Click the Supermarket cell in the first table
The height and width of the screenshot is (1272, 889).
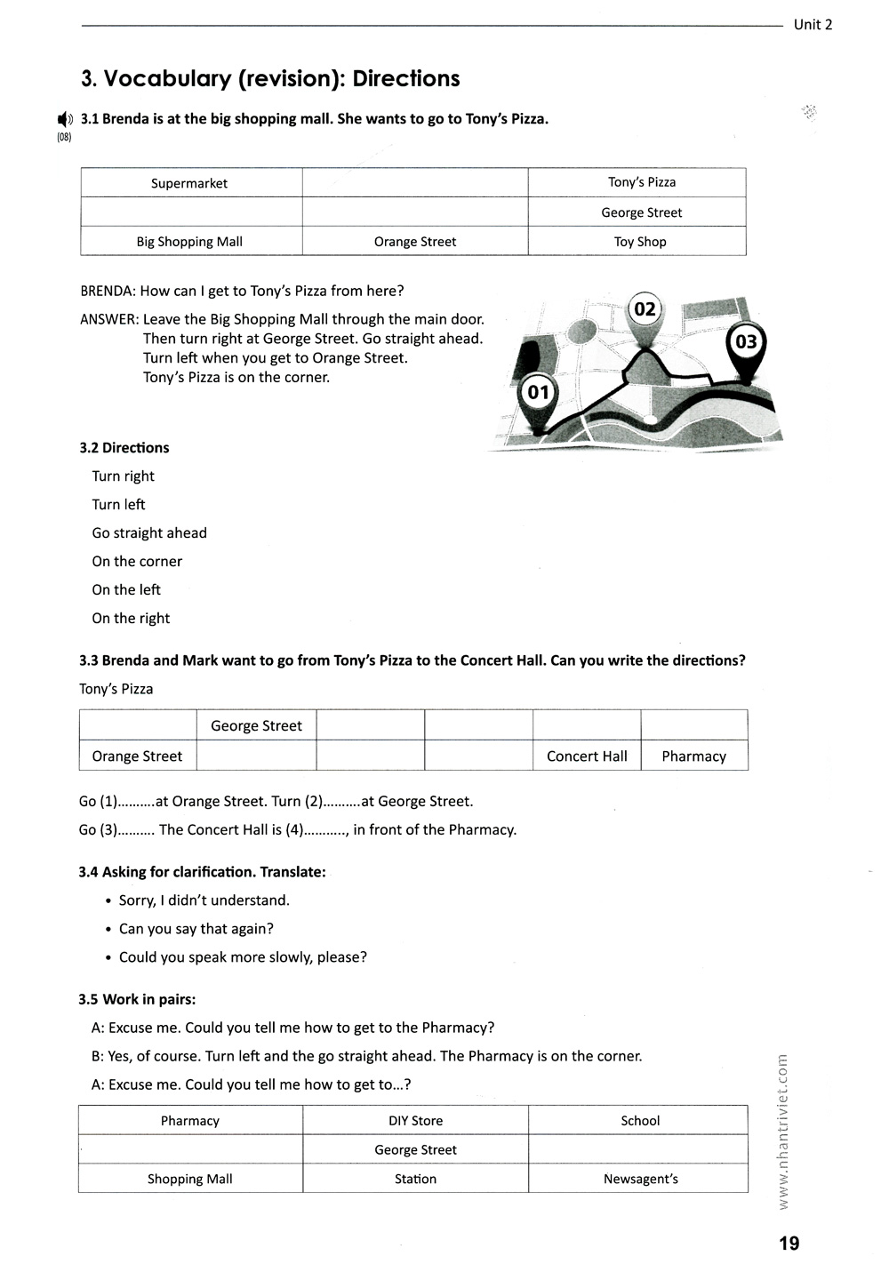tap(189, 183)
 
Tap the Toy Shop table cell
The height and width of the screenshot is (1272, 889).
tap(640, 242)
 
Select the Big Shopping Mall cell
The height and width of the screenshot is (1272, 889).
tap(189, 242)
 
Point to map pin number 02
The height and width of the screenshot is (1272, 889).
tap(645, 310)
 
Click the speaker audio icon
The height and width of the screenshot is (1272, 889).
tap(65, 119)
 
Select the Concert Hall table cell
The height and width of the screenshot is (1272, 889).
tap(587, 756)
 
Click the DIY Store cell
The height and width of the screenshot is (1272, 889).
tap(415, 1121)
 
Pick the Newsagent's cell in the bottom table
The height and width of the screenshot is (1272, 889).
tap(640, 1180)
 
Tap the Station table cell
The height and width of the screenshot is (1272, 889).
tap(415, 1180)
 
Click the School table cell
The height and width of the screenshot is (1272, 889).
tap(640, 1121)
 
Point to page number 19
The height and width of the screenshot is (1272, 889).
tap(789, 1244)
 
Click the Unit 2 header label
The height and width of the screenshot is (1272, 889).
tap(813, 25)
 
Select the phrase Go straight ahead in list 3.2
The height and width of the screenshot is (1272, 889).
tap(149, 533)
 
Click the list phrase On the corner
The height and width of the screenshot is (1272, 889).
tap(137, 562)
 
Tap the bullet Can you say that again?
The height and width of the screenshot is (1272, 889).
tap(196, 929)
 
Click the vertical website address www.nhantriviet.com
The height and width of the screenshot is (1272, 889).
tap(782, 1131)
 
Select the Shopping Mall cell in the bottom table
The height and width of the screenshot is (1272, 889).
tap(189, 1180)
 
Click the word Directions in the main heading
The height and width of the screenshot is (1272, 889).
tap(406, 79)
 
